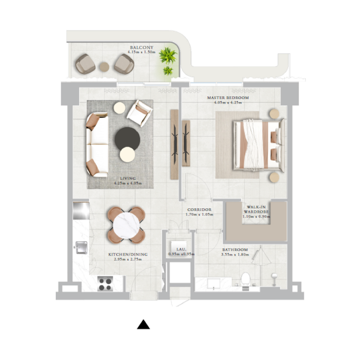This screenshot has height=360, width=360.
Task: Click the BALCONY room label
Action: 142,47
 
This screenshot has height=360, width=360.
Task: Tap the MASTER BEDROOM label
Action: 228,98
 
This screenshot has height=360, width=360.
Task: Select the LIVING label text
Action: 128,179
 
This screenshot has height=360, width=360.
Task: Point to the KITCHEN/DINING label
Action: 128,255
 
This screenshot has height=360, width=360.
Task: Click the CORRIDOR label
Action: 198,210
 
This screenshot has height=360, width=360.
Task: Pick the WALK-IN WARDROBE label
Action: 256,209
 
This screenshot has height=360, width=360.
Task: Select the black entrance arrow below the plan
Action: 143,324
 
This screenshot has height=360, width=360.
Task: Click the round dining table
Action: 127,224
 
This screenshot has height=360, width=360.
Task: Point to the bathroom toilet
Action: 245,279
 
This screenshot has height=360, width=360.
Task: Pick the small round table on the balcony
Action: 104,67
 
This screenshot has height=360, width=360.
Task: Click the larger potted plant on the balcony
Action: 168,56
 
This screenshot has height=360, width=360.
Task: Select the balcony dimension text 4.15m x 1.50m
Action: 141,52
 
